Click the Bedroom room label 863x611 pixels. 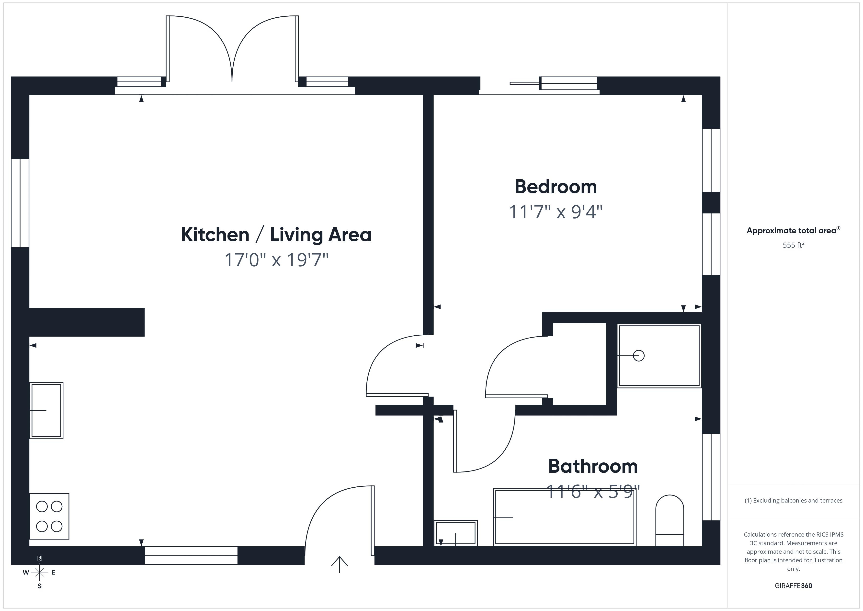(x=556, y=187)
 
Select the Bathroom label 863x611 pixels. (x=593, y=467)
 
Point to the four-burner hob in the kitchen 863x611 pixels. (x=49, y=516)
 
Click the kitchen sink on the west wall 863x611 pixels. (x=46, y=411)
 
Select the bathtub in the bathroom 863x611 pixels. (x=565, y=517)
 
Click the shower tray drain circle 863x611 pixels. (x=639, y=355)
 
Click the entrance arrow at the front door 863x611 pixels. (x=340, y=564)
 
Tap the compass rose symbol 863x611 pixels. (x=39, y=572)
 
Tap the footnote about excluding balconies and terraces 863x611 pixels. (x=793, y=500)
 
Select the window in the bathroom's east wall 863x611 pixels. (x=711, y=477)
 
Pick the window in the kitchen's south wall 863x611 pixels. (x=191, y=555)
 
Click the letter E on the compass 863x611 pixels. (x=53, y=573)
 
